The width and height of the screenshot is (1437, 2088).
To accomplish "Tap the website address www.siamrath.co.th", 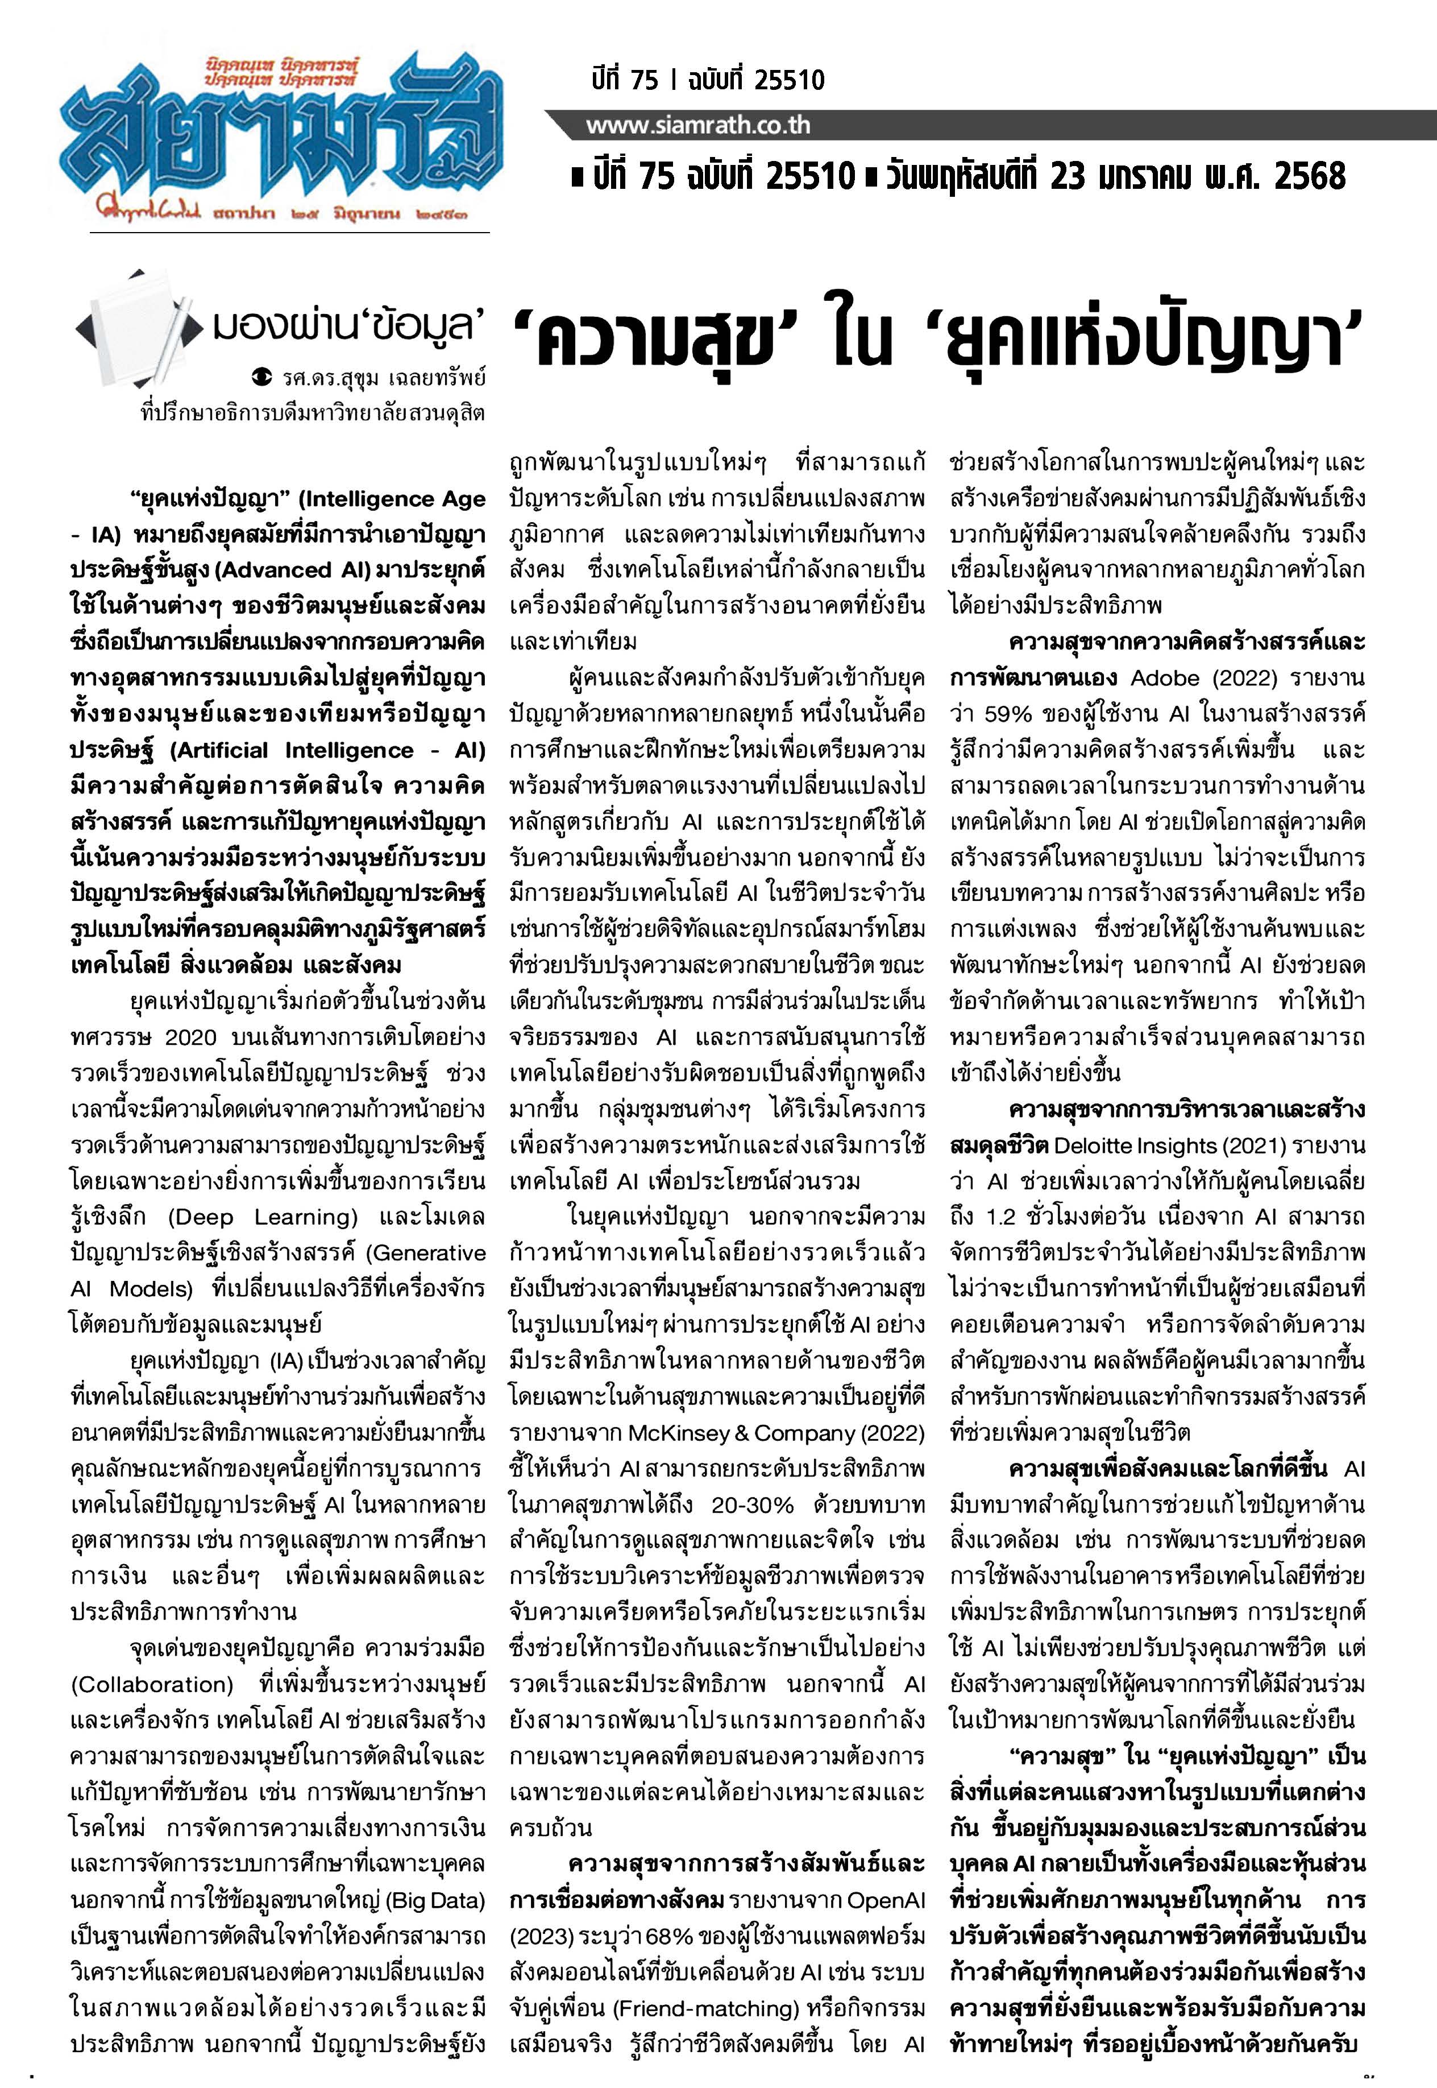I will coord(698,125).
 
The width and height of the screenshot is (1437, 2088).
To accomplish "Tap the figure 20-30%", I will coord(753,1505).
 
